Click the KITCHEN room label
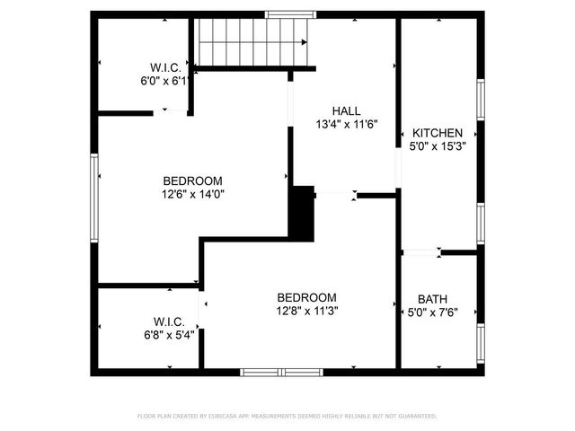point(438,133)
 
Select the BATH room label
point(432,299)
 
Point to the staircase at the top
point(252,41)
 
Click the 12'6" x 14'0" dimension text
point(192,193)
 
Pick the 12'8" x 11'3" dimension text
point(306,311)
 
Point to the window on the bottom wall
point(281,372)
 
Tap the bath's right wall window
point(481,341)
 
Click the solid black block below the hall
point(303,213)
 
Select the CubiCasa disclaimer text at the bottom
point(287,416)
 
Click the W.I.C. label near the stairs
point(166,68)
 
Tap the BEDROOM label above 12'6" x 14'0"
point(192,180)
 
